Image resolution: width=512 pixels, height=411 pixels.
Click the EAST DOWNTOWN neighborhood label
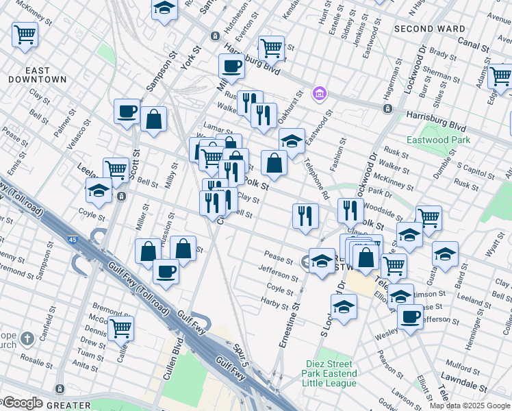(x=37, y=75)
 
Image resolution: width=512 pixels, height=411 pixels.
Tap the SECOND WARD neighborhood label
(x=429, y=29)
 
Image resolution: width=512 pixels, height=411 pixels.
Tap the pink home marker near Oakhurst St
(x=318, y=93)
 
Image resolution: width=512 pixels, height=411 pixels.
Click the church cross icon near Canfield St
(x=27, y=339)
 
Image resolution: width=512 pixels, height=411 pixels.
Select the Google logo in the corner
(x=22, y=403)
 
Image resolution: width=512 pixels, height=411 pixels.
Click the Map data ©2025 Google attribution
(x=470, y=406)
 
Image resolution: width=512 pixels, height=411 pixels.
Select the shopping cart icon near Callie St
(x=120, y=328)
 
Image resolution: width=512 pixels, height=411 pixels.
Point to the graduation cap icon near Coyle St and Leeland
(x=99, y=191)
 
